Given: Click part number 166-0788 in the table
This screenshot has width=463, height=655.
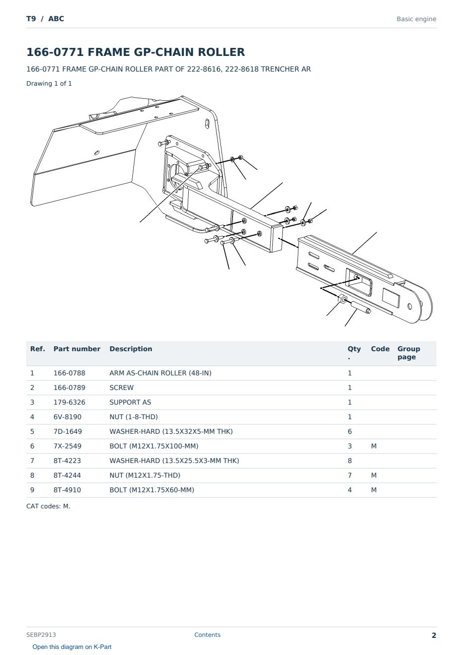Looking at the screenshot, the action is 69,373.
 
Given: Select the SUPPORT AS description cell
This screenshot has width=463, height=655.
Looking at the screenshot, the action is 130,403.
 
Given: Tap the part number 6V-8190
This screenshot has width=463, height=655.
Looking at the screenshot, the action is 67,417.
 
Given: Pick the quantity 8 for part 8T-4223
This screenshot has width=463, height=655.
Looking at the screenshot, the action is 350,461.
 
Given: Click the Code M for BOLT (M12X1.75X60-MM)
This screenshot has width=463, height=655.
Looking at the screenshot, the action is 373,490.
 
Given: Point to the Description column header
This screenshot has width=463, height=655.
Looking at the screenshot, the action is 131,349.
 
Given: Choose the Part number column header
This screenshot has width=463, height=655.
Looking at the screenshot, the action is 77,349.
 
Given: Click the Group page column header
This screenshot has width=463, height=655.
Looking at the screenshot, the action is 409,353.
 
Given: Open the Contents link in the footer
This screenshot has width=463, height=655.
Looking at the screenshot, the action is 207,635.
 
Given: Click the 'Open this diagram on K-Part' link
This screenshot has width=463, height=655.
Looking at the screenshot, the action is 72,647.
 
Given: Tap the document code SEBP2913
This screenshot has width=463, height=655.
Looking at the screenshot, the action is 41,635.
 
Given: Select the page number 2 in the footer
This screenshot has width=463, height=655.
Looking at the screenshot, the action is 434,635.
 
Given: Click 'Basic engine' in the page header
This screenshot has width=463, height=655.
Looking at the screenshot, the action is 416,19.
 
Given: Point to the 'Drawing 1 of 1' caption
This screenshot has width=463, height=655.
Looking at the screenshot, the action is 49,84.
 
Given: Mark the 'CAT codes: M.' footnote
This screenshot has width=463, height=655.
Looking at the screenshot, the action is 48,506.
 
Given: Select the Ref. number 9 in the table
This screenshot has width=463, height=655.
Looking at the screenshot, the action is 32,490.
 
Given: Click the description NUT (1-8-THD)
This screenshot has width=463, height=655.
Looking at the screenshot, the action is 133,417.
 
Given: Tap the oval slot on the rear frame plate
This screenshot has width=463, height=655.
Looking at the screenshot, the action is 207,123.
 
